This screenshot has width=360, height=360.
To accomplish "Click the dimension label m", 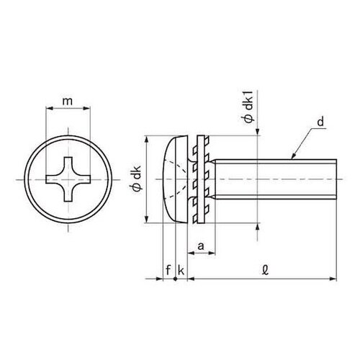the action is click(x=68, y=102).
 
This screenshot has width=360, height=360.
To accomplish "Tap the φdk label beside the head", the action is click(x=136, y=179).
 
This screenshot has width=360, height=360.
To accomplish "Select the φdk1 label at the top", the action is click(x=249, y=109).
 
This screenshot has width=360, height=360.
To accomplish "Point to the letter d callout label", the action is click(x=320, y=122).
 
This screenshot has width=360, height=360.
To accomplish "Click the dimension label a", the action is click(x=201, y=246).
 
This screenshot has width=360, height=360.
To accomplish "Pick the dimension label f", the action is click(x=168, y=270).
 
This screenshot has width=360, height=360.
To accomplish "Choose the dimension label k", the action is click(x=181, y=271).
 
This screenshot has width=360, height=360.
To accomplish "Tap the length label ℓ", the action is click(x=266, y=270).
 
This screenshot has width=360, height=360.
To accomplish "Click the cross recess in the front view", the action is click(x=68, y=179).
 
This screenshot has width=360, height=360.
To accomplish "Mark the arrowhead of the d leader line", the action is click(x=294, y=156).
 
